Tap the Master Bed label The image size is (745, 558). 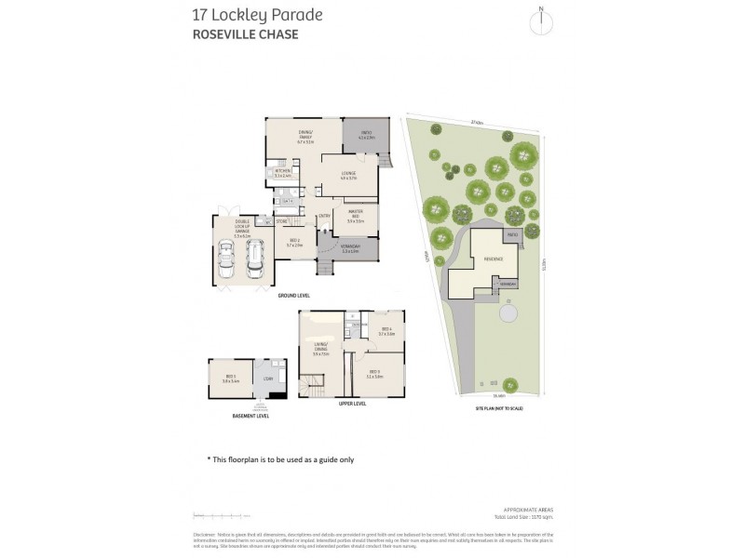click(x=355, y=218)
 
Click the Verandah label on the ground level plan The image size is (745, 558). click(x=350, y=247)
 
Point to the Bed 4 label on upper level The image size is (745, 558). click(x=386, y=329)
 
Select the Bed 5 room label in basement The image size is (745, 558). click(x=231, y=379)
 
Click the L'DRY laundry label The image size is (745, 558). click(x=268, y=379)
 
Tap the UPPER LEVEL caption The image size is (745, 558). click(x=353, y=404)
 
